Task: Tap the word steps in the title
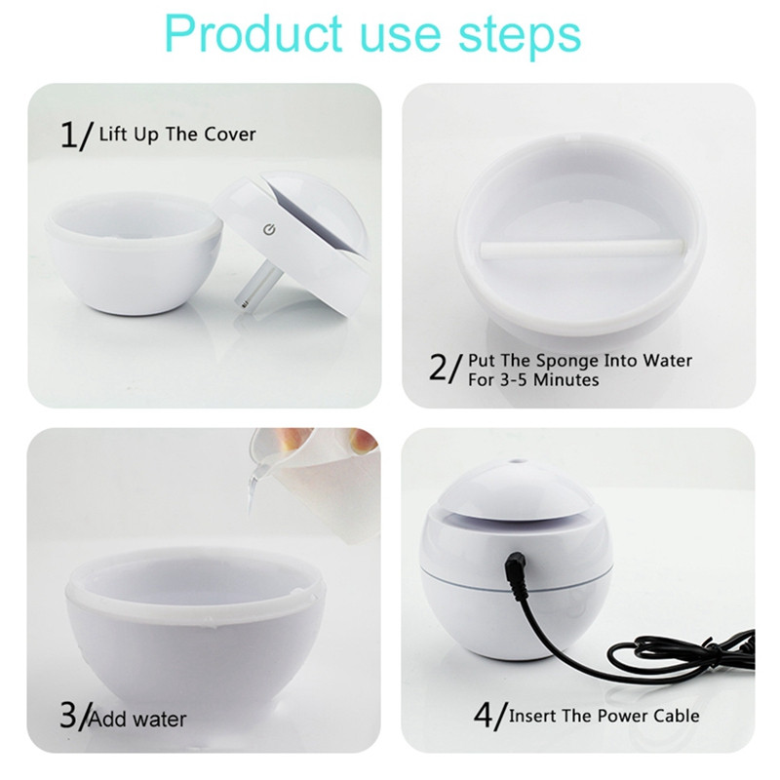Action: (520, 37)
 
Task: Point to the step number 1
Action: (69, 135)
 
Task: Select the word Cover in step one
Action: (230, 135)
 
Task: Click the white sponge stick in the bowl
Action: (581, 248)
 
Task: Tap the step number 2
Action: (438, 368)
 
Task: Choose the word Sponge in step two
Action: (567, 362)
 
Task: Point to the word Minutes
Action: (566, 380)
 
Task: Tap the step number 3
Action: (68, 716)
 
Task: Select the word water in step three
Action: (160, 720)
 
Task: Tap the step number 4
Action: (484, 716)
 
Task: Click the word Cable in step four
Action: (677, 716)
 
